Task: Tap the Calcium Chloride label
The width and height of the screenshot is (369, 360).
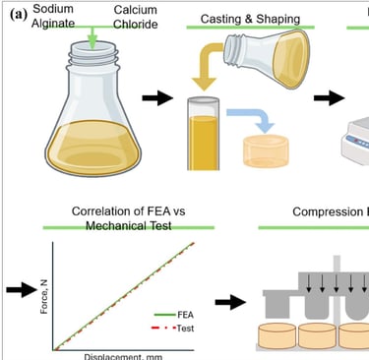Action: (x=134, y=17)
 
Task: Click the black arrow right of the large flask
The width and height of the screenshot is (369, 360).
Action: (x=156, y=98)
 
